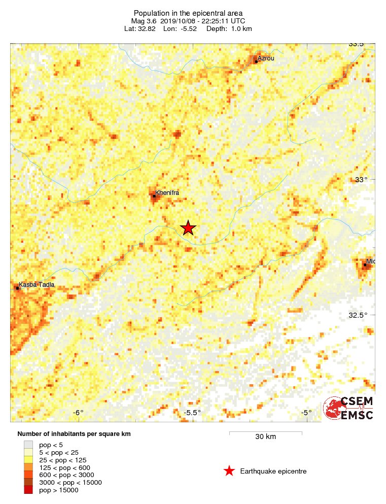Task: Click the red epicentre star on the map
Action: [x=188, y=228]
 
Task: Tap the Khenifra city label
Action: [x=167, y=193]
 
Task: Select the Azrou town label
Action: [x=266, y=58]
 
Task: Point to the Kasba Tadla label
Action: [x=37, y=285]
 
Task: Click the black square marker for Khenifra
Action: [x=154, y=196]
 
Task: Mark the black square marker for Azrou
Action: [x=257, y=61]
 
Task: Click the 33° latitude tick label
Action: [x=360, y=179]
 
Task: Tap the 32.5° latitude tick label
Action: [x=358, y=315]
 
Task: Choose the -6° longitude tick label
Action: [x=78, y=413]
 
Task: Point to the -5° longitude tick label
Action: [x=306, y=413]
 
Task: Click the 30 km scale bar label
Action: [x=265, y=437]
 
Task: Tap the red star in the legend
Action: [x=229, y=472]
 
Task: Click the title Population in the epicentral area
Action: [x=188, y=13]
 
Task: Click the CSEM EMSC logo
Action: [x=348, y=408]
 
